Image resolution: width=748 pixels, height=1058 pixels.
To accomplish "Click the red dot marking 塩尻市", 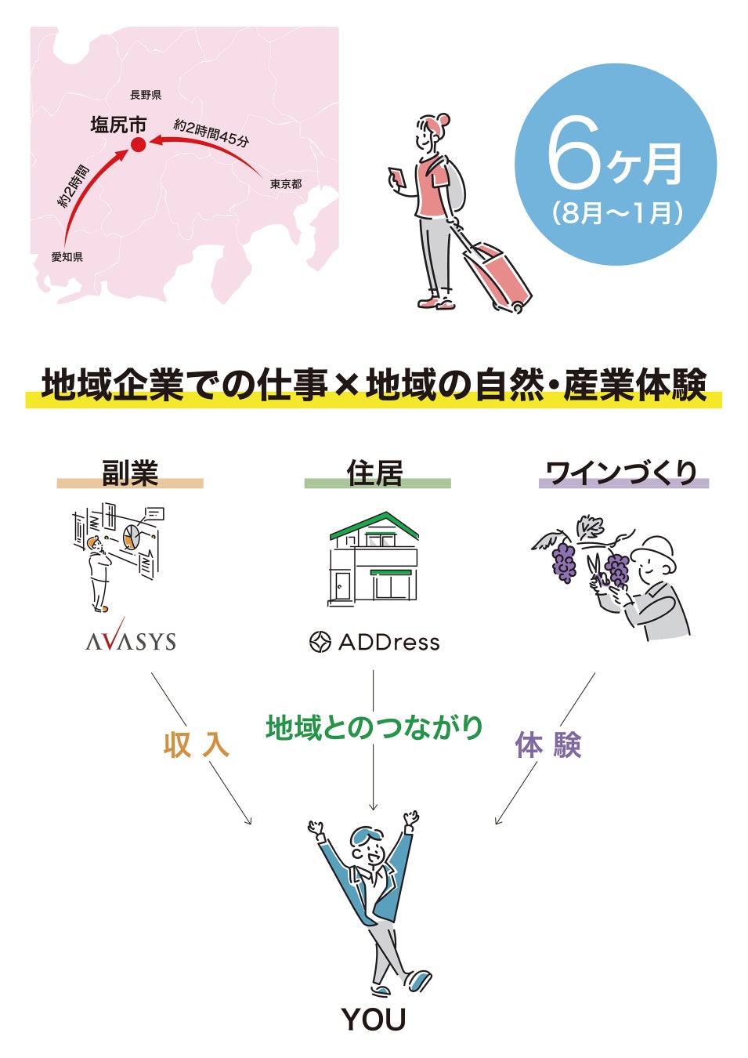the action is tap(138, 144).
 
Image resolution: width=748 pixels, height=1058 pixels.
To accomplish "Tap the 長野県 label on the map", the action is tap(146, 95).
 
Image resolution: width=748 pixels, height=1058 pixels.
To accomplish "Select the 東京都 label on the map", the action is tap(286, 184).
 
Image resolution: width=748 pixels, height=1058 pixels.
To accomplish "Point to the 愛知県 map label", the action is tap(67, 257).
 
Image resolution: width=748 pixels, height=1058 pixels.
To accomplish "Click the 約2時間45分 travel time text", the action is tap(211, 132).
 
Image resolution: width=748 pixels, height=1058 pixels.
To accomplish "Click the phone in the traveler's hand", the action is tap(396, 177).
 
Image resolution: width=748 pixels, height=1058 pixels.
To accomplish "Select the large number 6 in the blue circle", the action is tap(574, 154).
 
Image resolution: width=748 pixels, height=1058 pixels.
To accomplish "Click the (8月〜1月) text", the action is tap(617, 213).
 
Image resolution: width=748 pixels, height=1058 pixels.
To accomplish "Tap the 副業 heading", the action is tap(130, 473).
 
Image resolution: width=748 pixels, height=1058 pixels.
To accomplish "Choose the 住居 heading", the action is tap(375, 473).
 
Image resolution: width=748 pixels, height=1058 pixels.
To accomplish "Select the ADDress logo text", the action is tap(388, 643).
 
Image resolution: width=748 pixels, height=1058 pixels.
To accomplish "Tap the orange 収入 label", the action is tap(196, 745).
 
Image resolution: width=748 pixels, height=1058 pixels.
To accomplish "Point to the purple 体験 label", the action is tap(548, 745).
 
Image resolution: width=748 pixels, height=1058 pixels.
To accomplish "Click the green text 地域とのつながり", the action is tap(374, 727).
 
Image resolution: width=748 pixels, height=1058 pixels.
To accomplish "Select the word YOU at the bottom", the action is tap(374, 1020).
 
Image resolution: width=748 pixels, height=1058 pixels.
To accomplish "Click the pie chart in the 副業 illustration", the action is tap(132, 537).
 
